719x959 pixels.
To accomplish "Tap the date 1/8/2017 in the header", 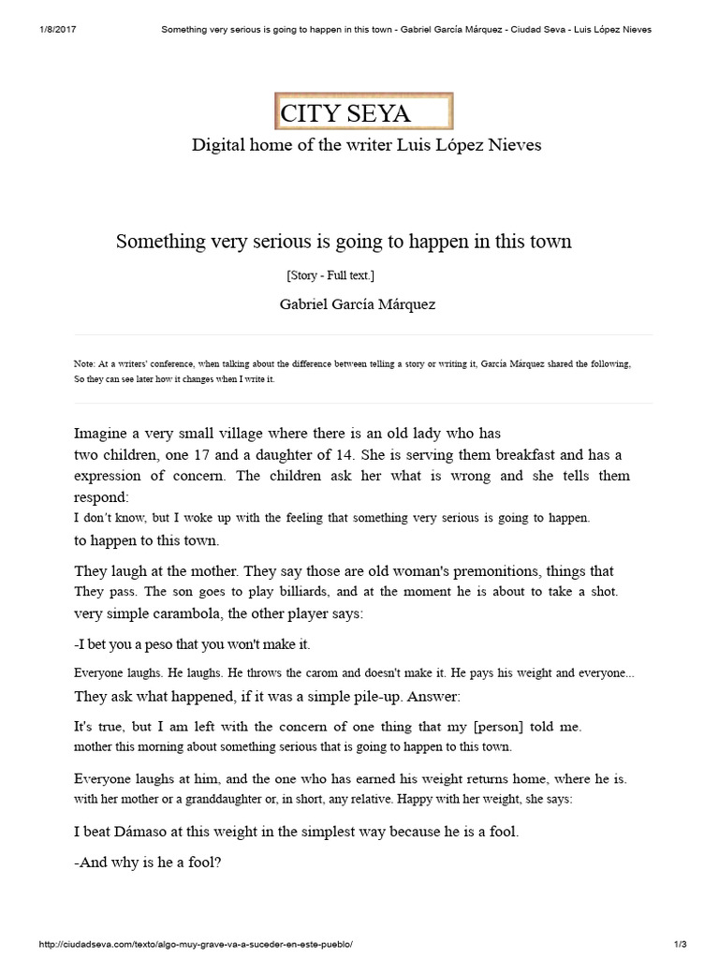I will coord(58,29).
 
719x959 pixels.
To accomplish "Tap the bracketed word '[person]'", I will coord(501,726).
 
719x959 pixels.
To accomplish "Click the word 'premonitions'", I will coord(475,570).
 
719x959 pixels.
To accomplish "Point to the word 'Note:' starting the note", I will coord(84,363).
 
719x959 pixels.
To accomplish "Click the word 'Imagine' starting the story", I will coord(102,433).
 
